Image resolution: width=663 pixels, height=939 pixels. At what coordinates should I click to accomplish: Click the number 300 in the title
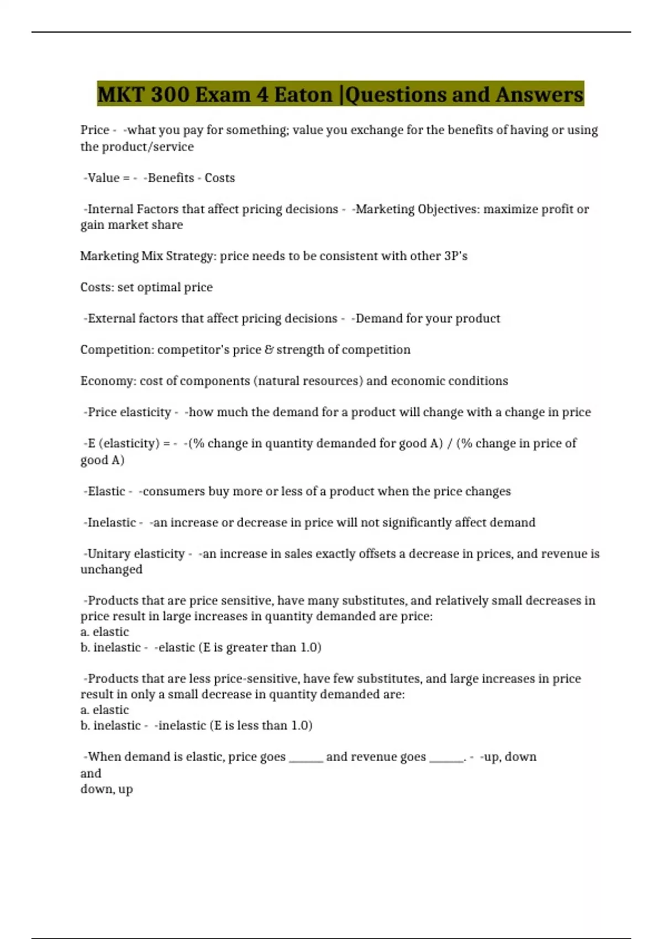pos(170,94)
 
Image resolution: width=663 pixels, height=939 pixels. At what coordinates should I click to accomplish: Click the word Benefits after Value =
pos(171,178)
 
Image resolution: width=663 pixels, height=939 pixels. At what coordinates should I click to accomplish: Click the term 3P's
pos(456,256)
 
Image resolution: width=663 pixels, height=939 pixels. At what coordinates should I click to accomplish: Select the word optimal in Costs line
pos(162,288)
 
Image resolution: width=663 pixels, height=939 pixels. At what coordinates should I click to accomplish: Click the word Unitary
pos(108,554)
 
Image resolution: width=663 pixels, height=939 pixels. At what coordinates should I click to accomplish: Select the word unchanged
pos(111,569)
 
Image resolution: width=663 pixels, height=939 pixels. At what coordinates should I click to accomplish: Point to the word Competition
pos(115,350)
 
